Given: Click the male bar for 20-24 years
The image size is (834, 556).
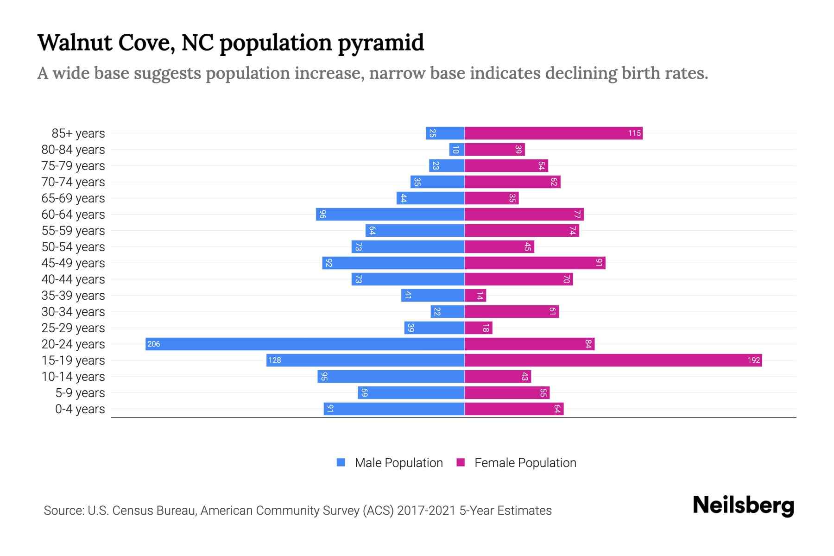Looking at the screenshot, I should tap(305, 344).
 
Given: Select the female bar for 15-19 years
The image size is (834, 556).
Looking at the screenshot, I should tap(613, 360).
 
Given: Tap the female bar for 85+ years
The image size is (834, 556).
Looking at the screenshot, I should tap(553, 133).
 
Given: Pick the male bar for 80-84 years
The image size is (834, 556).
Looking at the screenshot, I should tap(457, 149).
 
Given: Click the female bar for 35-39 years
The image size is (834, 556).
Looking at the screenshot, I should tap(475, 295).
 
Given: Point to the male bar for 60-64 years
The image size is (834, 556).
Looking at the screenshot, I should tap(390, 214).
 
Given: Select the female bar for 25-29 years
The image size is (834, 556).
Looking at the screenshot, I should tap(478, 328).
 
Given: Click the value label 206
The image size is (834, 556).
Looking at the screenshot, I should tap(154, 344).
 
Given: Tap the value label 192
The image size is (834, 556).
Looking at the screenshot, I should tap(753, 360).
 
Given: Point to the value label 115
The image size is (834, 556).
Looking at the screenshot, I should tap(634, 133).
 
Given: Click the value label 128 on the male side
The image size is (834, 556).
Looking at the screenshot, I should tap(275, 360).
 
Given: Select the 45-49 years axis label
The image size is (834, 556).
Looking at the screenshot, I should tap(73, 263).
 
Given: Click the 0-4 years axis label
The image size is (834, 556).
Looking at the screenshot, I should tap(80, 409).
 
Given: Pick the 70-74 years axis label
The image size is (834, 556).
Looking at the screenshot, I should tap(73, 182).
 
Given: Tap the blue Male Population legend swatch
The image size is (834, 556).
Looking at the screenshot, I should tap(341, 462).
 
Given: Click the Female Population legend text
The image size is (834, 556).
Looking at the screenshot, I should tap(525, 462).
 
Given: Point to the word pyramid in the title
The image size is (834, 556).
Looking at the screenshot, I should tap(380, 43).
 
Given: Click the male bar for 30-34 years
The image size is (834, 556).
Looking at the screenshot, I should tap(448, 311).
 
